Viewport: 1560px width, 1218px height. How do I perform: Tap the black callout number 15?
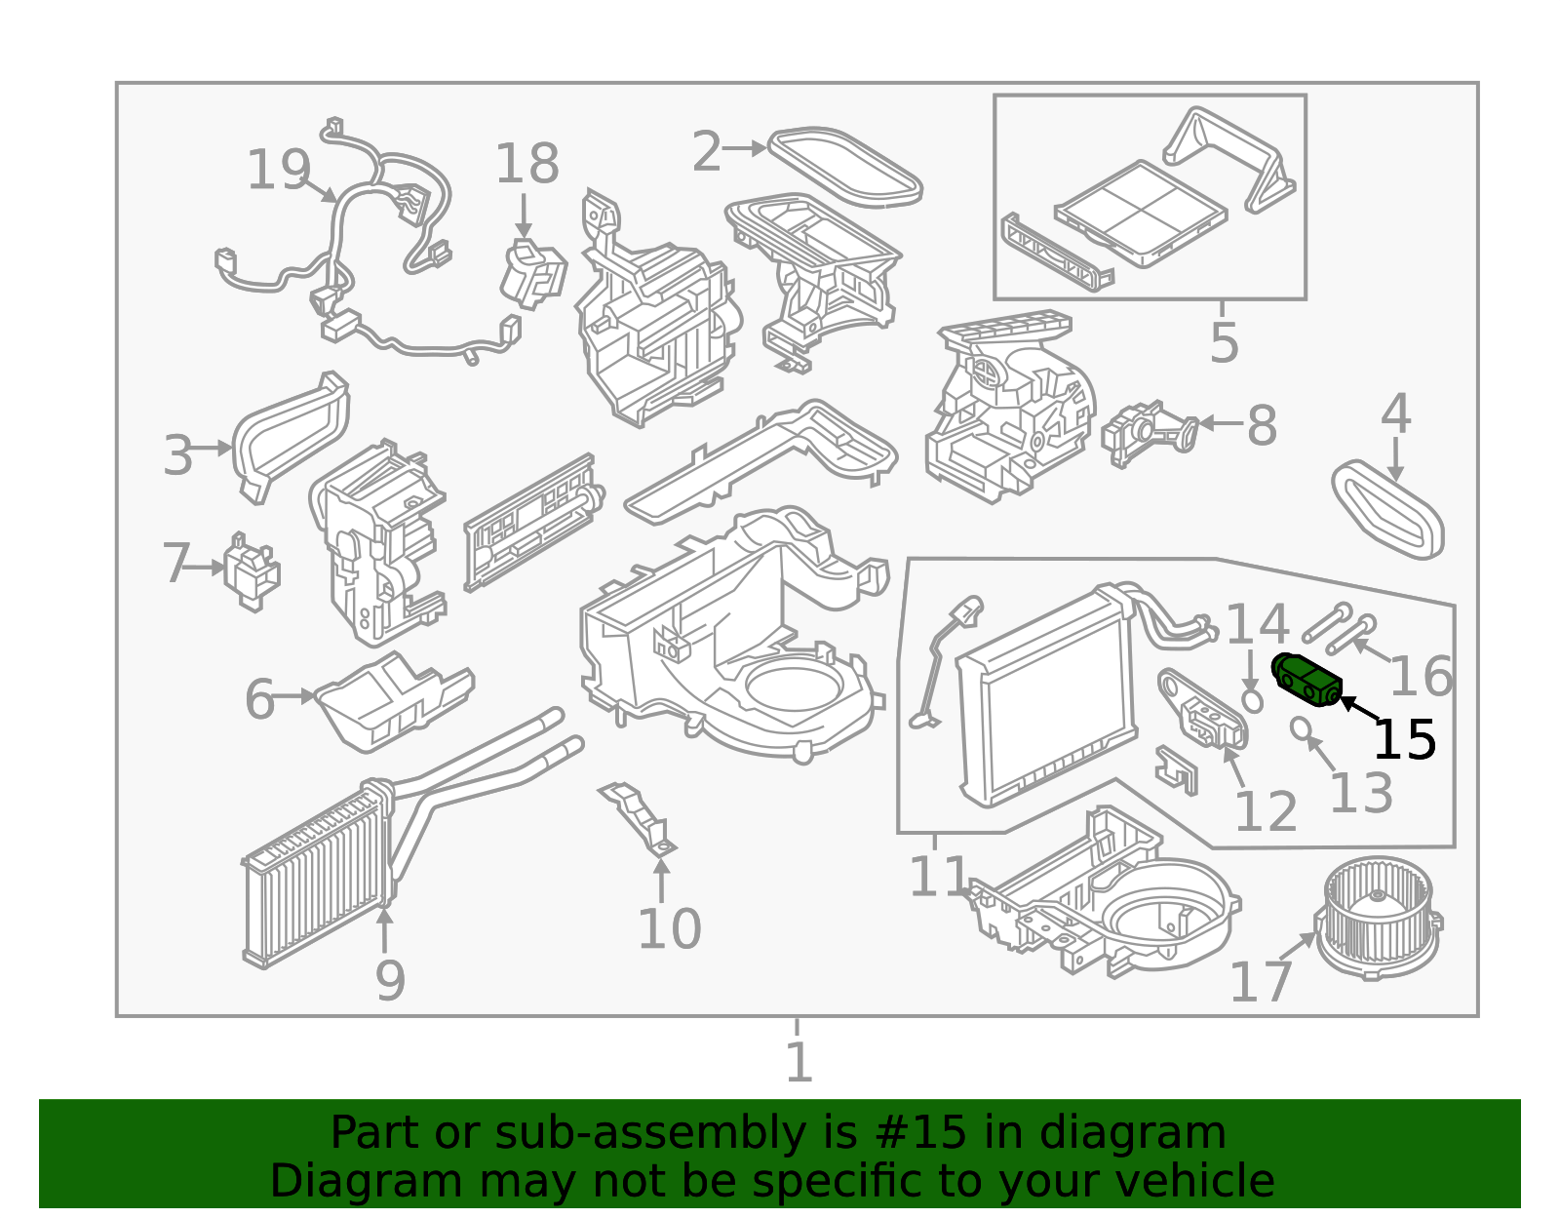pyautogui.click(x=1404, y=740)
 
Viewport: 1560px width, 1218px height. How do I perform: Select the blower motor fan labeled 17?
pyautogui.click(x=1377, y=917)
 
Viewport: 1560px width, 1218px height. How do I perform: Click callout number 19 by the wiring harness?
pyautogui.click(x=278, y=171)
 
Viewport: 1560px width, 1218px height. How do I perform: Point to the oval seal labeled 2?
pyautogui.click(x=844, y=167)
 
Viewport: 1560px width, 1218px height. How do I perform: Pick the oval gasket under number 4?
pyautogui.click(x=1387, y=510)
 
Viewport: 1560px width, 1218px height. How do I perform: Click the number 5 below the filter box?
pyautogui.click(x=1224, y=343)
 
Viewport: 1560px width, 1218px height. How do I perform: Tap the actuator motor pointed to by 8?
pyautogui.click(x=1149, y=432)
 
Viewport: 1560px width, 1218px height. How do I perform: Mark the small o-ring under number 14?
pyautogui.click(x=1253, y=699)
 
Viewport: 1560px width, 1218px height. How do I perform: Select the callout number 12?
pyautogui.click(x=1266, y=811)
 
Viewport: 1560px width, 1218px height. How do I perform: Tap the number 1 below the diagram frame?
pyautogui.click(x=799, y=1062)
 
